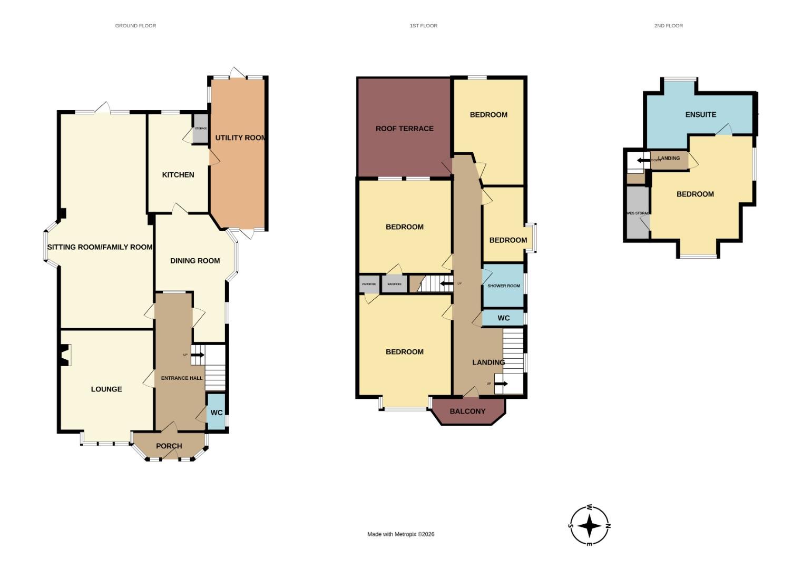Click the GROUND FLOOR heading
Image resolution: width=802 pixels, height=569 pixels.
point(135,25)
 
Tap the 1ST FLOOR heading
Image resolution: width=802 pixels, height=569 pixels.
point(423,25)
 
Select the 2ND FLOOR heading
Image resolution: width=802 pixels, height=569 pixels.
point(668,25)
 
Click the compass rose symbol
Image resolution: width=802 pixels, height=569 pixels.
point(590,525)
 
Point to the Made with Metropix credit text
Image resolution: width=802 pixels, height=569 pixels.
point(400,534)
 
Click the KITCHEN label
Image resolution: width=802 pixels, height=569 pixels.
point(178,175)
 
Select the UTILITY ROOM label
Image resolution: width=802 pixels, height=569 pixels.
point(240,138)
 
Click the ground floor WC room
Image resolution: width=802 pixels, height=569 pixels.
point(217,412)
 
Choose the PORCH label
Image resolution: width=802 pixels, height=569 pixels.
point(169,446)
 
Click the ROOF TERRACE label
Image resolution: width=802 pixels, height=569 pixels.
point(404,129)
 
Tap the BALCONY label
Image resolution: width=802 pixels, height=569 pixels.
point(467,411)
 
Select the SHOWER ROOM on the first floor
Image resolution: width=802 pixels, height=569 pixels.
point(503,286)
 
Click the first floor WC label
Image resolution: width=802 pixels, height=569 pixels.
point(503,318)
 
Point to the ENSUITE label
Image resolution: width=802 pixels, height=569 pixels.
point(700,114)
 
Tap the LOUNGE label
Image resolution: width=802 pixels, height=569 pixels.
point(106,389)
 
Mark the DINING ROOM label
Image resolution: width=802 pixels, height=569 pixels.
point(195,261)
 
